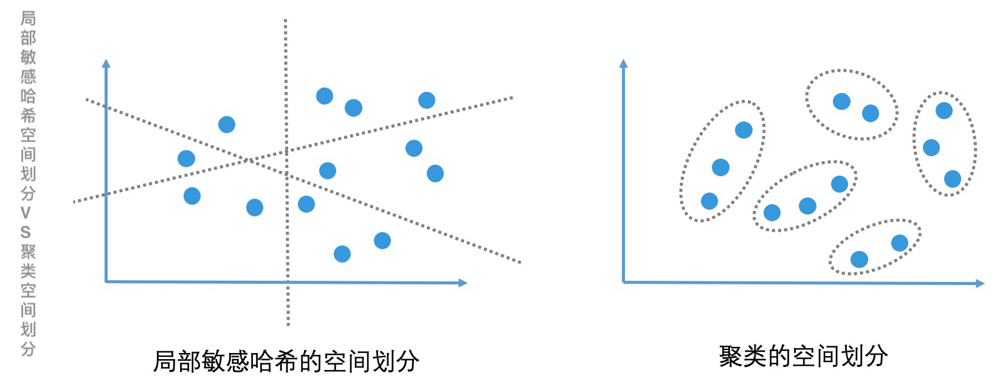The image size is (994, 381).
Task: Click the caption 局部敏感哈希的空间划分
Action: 286,362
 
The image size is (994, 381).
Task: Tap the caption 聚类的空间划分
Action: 802,356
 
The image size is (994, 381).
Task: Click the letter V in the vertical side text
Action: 26,213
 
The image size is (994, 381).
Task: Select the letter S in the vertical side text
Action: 26,232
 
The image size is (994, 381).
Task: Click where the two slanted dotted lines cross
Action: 249,160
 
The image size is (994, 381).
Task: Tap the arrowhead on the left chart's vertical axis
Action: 106,63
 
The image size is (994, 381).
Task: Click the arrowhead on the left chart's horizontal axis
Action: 463,283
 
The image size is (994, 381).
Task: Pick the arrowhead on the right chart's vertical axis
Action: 623,63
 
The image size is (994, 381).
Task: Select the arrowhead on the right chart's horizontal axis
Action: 979,283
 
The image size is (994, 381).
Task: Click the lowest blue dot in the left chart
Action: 342,254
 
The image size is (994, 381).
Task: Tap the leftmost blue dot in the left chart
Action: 186,159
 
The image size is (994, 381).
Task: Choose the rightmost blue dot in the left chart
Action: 435,174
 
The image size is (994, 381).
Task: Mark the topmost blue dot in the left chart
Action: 325,96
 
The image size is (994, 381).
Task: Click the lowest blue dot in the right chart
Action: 859,260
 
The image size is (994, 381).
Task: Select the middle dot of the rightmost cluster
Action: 931,148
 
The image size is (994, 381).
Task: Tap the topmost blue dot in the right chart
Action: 841,101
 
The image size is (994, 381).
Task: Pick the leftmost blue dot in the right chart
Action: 709,201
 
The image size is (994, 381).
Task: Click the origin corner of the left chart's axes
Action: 106,281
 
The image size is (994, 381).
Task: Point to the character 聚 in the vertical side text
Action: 27,252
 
